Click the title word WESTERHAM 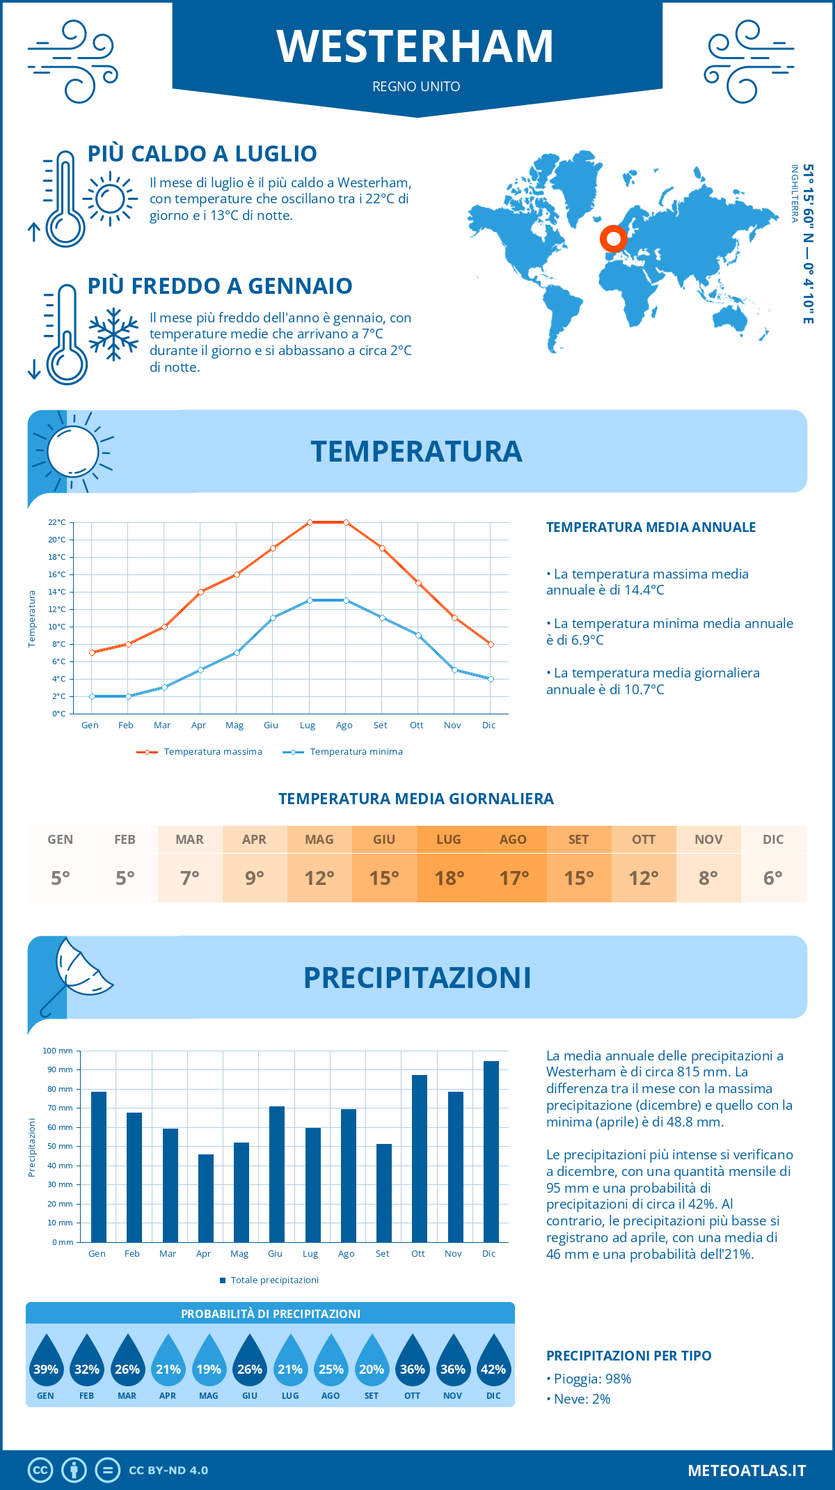(x=415, y=47)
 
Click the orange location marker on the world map (x=613, y=239)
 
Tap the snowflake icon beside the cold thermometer (x=113, y=334)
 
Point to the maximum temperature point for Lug (x=310, y=522)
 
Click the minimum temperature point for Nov (x=454, y=670)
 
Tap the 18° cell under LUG (x=449, y=878)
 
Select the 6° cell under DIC (x=773, y=878)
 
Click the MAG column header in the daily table (x=319, y=840)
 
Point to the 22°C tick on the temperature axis (x=57, y=522)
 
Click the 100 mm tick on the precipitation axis (x=58, y=1051)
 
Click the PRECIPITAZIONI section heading (x=417, y=978)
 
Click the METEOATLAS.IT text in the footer (x=747, y=1471)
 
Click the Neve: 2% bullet (x=578, y=1399)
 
